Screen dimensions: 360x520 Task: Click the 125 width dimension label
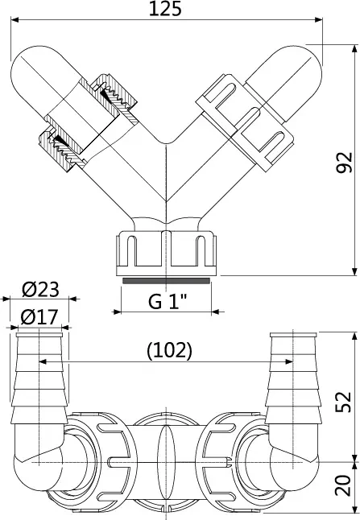[x=165, y=9]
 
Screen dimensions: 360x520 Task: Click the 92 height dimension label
[x=344, y=163]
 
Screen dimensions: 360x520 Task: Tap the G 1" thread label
[x=168, y=301]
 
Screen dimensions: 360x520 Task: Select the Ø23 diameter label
[x=40, y=289]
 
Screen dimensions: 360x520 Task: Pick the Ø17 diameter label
[x=39, y=317]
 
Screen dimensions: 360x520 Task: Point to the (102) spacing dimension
[x=169, y=350]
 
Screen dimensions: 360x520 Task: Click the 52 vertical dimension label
[x=343, y=402]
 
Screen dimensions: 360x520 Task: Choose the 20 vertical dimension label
[x=343, y=485]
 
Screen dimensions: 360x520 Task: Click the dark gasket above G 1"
[x=166, y=281]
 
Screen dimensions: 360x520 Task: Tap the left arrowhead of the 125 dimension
[x=15, y=19]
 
